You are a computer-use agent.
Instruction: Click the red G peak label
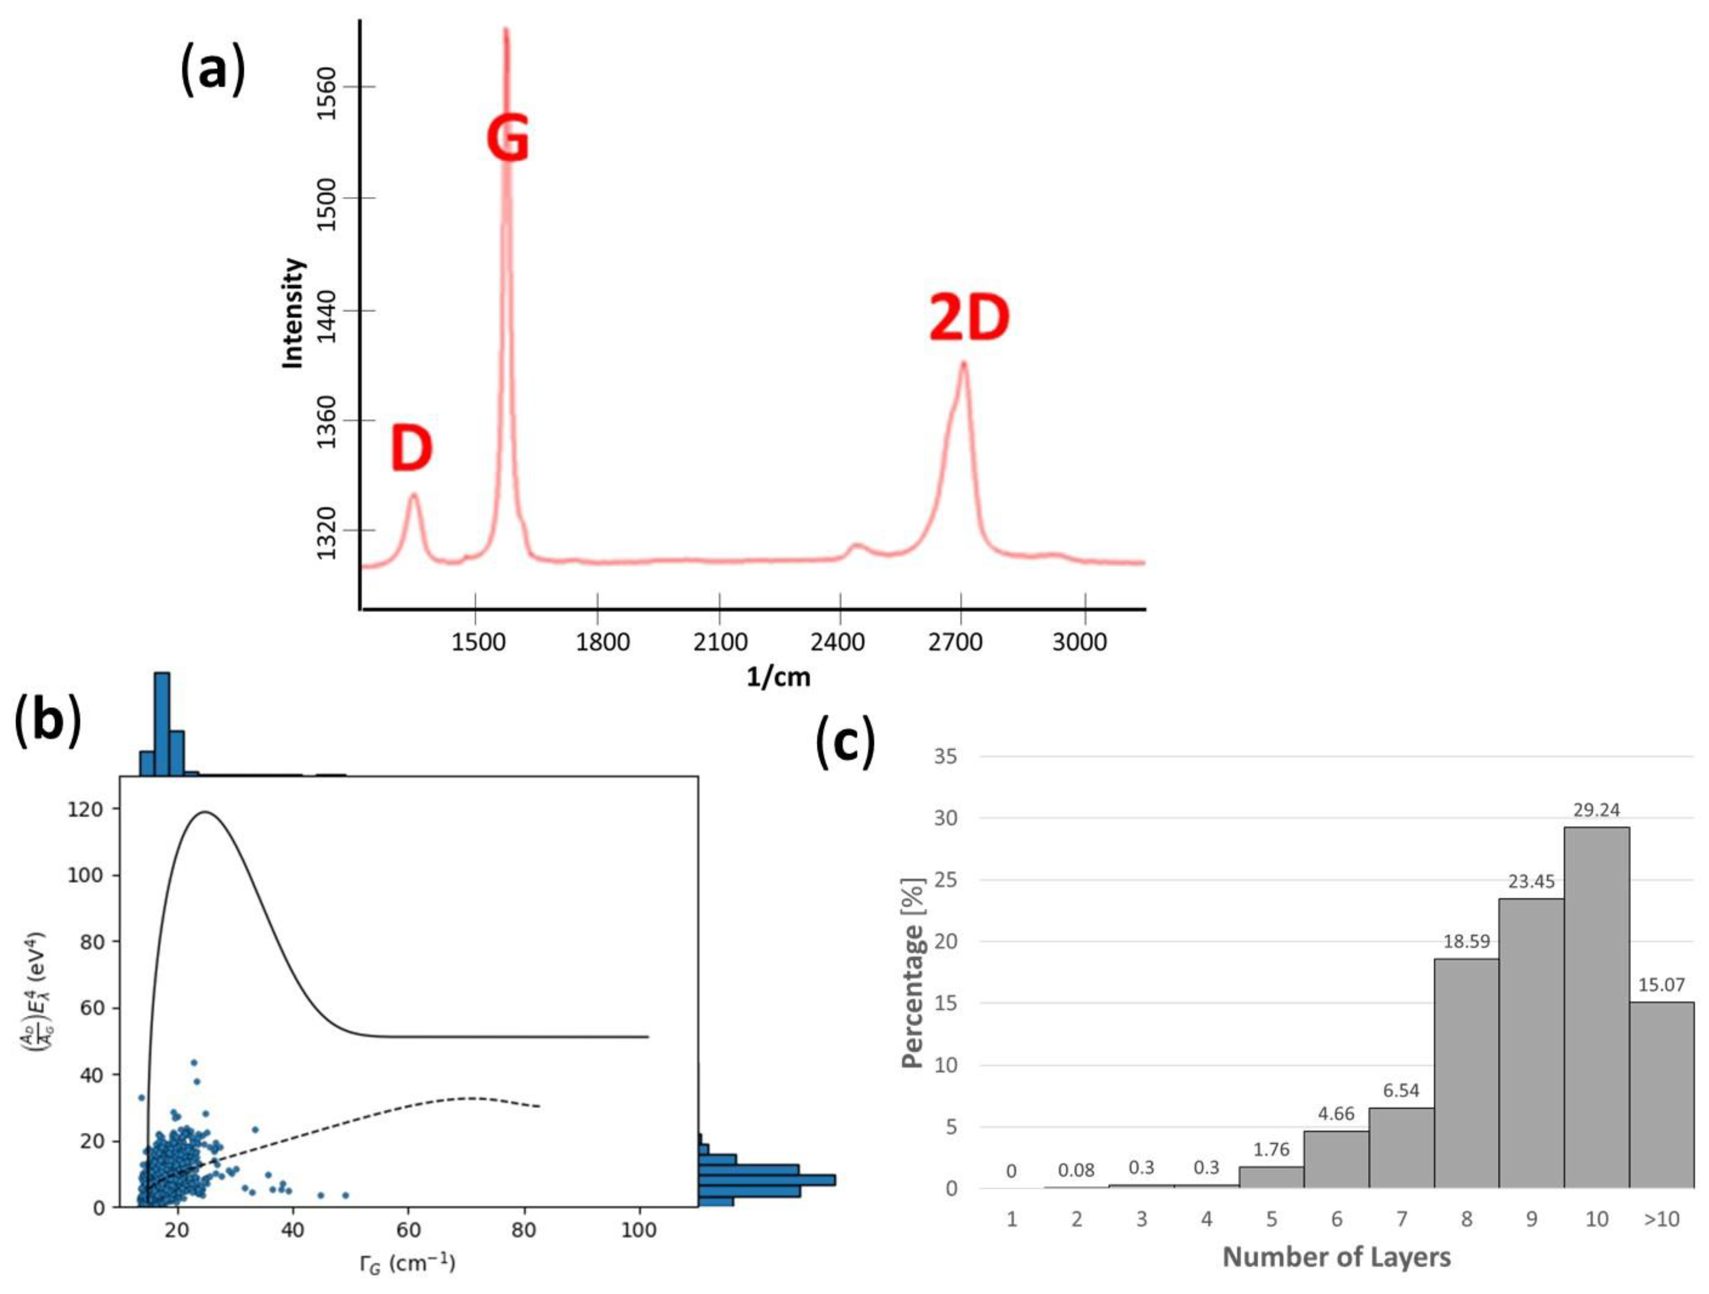coord(508,139)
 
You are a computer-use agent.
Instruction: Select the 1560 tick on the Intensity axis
coord(327,92)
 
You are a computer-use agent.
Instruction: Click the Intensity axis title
coord(293,314)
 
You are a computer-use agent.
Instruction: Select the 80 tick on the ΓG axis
coord(524,1230)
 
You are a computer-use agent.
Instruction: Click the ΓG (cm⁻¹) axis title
coord(407,1264)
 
